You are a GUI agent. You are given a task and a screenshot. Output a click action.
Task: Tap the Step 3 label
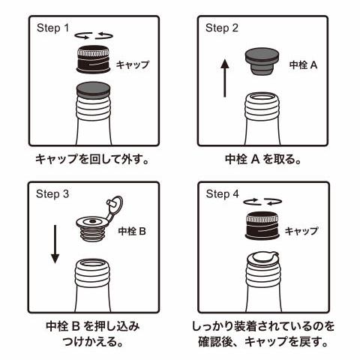tap(52, 193)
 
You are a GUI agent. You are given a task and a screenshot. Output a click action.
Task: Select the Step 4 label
tap(222, 193)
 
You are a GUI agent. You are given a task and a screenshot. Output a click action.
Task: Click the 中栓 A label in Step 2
tap(304, 65)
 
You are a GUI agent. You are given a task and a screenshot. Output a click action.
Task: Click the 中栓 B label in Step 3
tap(132, 231)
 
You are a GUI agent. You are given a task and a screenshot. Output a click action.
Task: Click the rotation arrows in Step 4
tap(263, 200)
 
